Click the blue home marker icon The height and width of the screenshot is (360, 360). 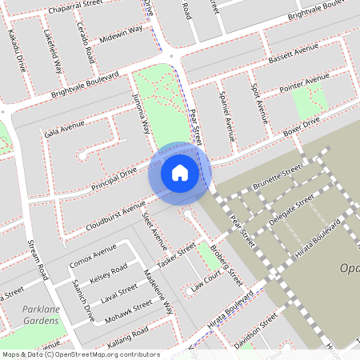click(180, 173)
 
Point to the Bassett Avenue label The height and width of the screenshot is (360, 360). click(294, 56)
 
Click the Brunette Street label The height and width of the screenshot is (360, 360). click(276, 177)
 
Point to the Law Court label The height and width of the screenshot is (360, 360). click(206, 282)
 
